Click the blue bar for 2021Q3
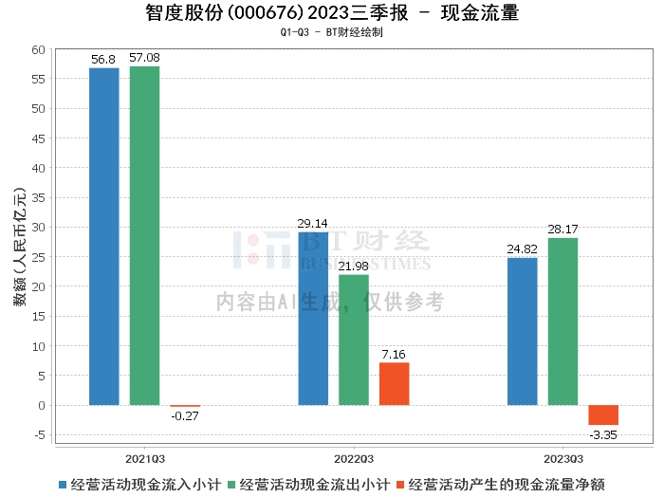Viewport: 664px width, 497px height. tap(104, 236)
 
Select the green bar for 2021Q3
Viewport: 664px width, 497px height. tap(144, 235)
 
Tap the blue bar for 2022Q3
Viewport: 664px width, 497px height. tap(313, 319)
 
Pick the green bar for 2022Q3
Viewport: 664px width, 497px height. tap(354, 340)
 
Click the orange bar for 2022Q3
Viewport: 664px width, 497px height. tap(394, 383)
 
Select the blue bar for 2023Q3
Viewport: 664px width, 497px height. tap(522, 331)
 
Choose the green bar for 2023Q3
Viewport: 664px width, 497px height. tap(563, 322)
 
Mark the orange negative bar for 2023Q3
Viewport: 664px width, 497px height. tap(602, 414)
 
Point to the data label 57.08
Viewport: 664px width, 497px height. tap(144, 58)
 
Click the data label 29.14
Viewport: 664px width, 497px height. tap(313, 224)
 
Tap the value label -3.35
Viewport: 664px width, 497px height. tap(602, 434)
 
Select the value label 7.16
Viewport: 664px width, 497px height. tap(394, 354)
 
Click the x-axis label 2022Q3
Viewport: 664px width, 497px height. tap(352, 456)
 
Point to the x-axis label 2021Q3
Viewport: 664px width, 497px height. tap(144, 456)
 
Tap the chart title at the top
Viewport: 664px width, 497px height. tap(332, 12)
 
